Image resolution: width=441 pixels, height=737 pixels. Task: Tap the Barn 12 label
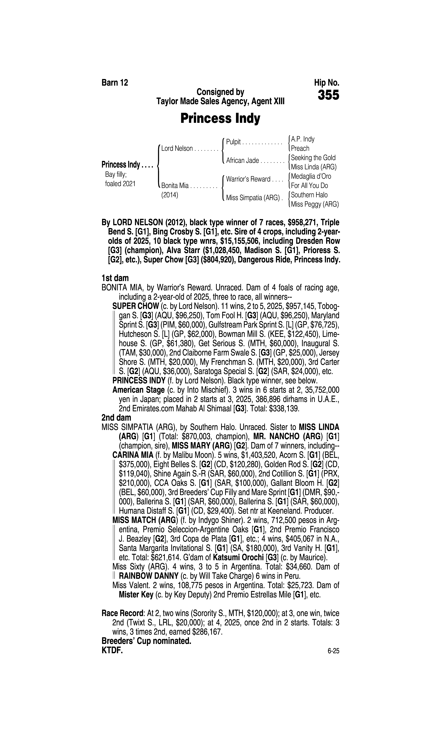pyautogui.click(x=115, y=83)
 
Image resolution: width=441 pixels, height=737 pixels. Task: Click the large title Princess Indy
pyautogui.click(x=220, y=118)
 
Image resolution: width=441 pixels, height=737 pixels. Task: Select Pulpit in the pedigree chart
pyautogui.click(x=233, y=142)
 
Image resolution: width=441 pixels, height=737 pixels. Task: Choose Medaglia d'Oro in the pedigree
pyautogui.click(x=311, y=176)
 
